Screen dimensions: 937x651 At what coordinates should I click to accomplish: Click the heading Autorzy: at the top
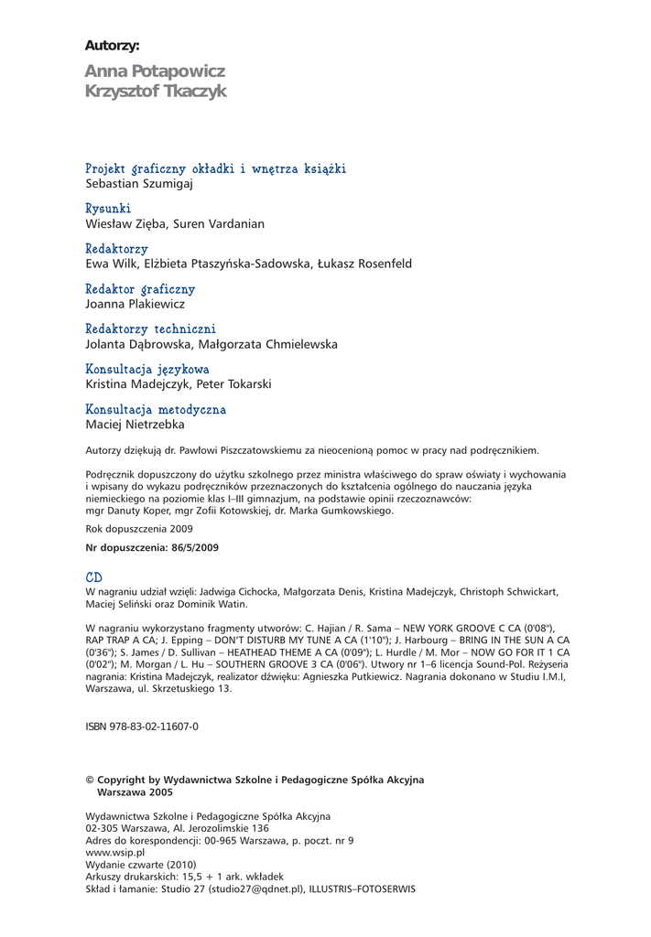tap(112, 46)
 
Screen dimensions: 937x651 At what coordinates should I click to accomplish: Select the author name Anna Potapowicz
tap(154, 71)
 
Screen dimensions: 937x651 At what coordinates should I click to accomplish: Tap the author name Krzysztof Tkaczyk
tap(155, 92)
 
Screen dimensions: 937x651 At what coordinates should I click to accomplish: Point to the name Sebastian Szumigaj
tap(138, 184)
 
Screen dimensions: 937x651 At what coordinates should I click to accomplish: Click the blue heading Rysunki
tap(108, 209)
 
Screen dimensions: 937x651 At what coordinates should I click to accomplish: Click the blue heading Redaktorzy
tap(116, 249)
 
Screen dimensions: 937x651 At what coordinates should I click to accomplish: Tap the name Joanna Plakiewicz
tap(135, 305)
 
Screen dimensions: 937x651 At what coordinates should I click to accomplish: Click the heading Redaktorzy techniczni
tap(150, 329)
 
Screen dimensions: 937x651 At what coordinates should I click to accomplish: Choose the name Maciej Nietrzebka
tap(135, 425)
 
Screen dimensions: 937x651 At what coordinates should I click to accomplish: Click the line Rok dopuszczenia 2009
tap(138, 529)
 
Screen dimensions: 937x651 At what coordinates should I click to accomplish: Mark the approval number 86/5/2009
tap(190, 546)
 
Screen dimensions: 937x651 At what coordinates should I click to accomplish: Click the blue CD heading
tap(93, 578)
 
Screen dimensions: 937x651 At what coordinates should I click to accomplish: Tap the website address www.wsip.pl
tap(114, 852)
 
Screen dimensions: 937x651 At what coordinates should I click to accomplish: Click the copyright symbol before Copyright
tap(89, 780)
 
